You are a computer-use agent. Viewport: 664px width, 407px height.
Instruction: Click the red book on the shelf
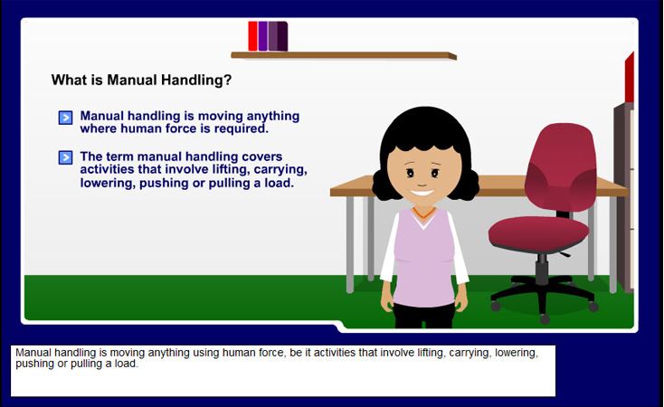click(x=252, y=36)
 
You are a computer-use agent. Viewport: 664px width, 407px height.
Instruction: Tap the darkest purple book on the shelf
click(x=282, y=36)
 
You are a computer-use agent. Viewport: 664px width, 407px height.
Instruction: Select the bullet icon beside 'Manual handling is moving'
click(x=65, y=118)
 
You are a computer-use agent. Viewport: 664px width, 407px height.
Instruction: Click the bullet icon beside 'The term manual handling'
click(x=65, y=157)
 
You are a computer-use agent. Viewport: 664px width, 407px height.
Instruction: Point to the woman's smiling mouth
click(x=422, y=194)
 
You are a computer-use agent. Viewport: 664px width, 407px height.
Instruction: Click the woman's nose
click(x=422, y=184)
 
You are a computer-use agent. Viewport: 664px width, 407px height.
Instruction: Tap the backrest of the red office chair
click(x=560, y=166)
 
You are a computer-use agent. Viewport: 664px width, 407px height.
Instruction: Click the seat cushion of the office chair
click(x=538, y=233)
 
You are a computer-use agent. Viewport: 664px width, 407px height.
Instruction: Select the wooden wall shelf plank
click(x=344, y=55)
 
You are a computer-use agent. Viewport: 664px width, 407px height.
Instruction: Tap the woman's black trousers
click(x=423, y=316)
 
